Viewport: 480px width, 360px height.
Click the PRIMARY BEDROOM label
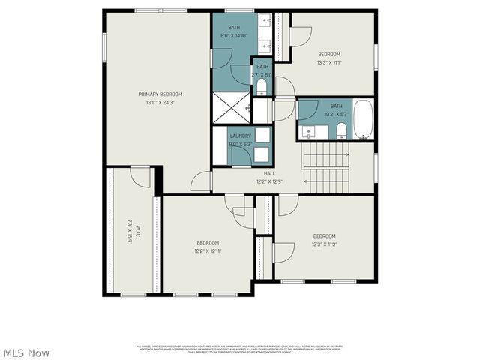(160, 94)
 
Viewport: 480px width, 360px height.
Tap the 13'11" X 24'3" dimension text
(160, 103)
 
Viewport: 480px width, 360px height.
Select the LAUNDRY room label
(241, 136)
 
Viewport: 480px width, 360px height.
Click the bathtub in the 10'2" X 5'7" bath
(363, 120)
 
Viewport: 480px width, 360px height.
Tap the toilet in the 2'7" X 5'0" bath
(261, 87)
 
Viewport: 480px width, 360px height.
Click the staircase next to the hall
(325, 167)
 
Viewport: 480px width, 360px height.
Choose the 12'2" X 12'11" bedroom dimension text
(208, 250)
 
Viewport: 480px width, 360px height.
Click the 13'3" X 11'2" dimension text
(325, 244)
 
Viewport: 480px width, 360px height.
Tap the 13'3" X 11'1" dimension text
(329, 62)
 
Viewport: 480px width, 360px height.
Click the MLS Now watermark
(26, 352)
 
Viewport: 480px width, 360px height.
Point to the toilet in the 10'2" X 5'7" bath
(341, 133)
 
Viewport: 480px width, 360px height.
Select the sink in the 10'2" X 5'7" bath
(309, 133)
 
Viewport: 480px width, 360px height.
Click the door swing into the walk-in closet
(140, 176)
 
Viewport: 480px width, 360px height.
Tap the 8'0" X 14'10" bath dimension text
(235, 35)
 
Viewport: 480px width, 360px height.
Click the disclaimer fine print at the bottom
(239, 349)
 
